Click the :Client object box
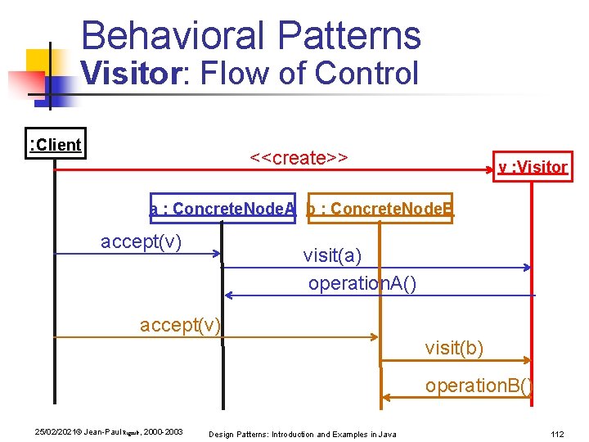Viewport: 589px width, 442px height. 55,145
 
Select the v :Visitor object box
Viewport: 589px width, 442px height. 532,167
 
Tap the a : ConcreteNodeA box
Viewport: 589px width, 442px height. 223,209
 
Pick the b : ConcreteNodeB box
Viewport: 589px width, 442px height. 380,209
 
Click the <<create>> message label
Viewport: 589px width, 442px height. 299,157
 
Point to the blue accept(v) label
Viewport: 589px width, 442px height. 141,241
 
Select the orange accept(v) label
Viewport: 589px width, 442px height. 180,325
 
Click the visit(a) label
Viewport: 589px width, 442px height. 331,255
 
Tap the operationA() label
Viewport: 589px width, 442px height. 362,283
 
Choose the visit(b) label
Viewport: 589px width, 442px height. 454,348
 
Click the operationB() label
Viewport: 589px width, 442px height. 479,386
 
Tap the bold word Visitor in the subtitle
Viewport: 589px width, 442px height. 133,74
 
